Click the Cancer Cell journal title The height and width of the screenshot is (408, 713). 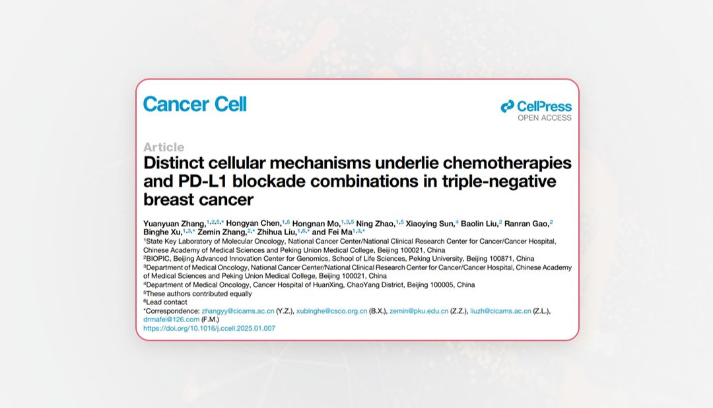pos(195,104)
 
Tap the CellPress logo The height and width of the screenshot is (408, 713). pos(536,106)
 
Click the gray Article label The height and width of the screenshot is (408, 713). pos(164,147)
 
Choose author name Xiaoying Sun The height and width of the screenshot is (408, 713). pos(430,224)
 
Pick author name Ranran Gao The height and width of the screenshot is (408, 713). pos(527,224)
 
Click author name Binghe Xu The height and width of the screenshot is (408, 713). pos(162,232)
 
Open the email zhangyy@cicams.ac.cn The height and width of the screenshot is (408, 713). pos(238,311)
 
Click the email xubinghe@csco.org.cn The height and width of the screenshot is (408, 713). pos(331,311)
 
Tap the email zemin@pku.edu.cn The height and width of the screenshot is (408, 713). pos(419,311)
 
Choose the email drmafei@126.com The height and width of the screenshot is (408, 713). pos(171,320)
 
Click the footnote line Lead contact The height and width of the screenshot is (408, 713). pos(166,302)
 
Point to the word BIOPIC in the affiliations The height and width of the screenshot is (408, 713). pos(158,259)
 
